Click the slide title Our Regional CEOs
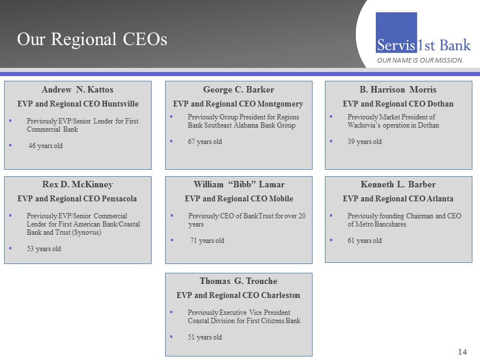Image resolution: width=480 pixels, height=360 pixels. click(x=92, y=39)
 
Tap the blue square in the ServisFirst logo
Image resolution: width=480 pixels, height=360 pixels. click(x=396, y=32)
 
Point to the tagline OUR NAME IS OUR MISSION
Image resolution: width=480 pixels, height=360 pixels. click(x=420, y=60)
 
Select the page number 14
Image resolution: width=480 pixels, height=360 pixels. click(x=462, y=352)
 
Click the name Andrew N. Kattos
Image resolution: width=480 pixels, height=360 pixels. click(x=77, y=90)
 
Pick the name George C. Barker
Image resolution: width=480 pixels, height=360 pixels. click(x=238, y=90)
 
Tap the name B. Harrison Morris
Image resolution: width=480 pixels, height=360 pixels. click(x=398, y=90)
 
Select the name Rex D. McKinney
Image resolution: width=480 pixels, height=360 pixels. click(x=77, y=184)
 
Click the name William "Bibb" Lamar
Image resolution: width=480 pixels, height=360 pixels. click(x=239, y=184)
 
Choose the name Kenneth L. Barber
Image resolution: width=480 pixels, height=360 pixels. click(x=398, y=184)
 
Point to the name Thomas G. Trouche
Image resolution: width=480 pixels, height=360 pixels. click(x=238, y=281)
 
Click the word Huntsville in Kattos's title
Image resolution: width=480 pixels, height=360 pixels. click(x=120, y=104)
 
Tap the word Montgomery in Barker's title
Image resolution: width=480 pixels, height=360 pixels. click(x=280, y=104)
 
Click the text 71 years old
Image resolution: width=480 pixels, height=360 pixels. click(x=207, y=241)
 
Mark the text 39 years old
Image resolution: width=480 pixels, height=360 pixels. click(x=365, y=142)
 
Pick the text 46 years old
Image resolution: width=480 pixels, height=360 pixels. click(x=46, y=146)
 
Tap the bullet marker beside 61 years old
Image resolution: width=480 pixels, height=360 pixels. click(x=331, y=240)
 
